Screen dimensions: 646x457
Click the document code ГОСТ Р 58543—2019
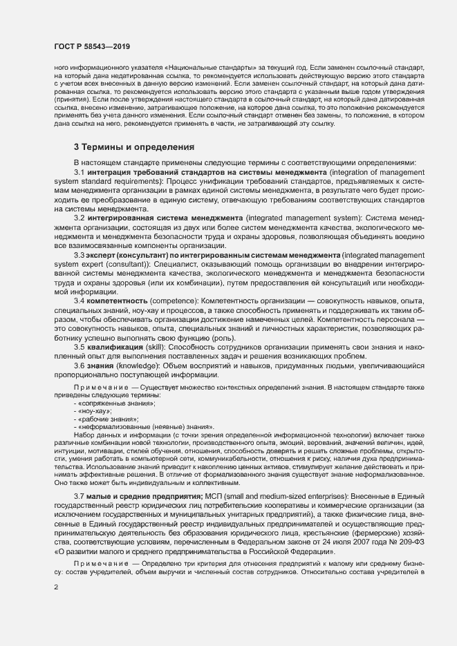coord(92,46)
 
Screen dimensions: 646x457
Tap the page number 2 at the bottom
coord(56,588)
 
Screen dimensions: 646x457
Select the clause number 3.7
coord(79,495)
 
